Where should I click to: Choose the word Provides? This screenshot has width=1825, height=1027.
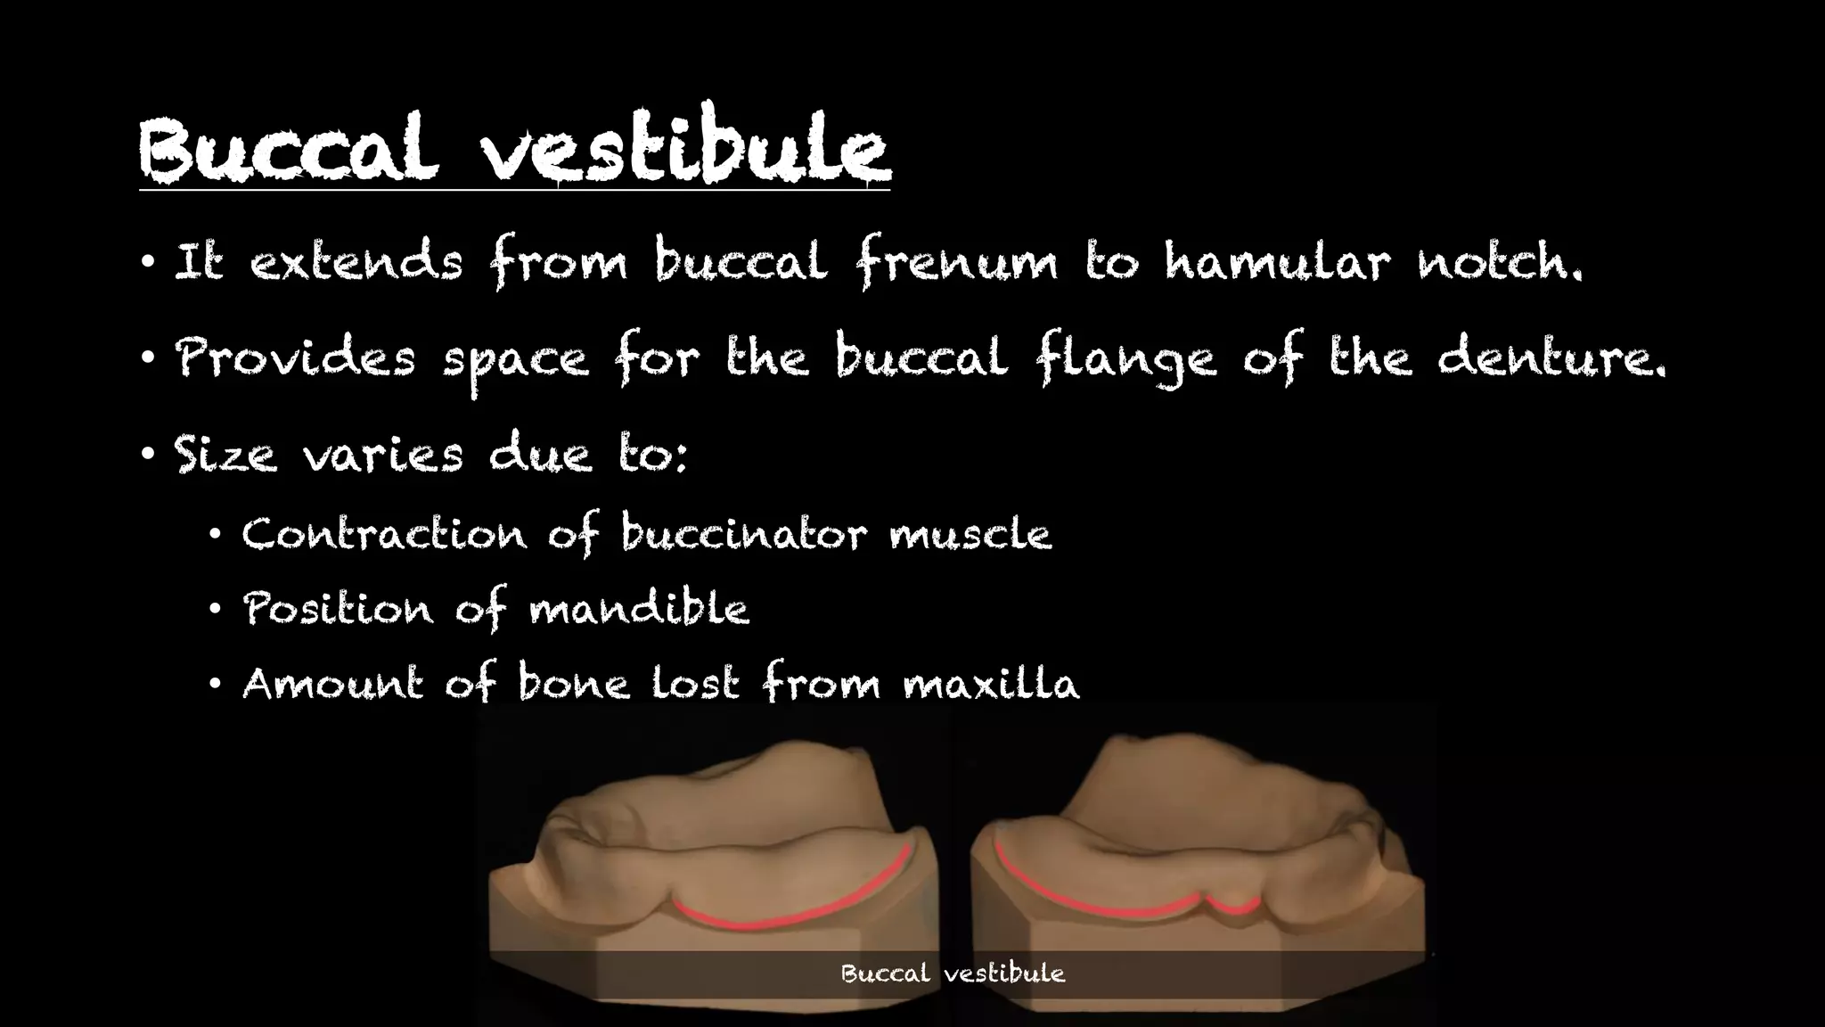click(x=295, y=358)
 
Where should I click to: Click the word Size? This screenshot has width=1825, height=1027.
click(x=225, y=455)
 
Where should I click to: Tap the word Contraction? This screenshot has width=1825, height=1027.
click(x=384, y=535)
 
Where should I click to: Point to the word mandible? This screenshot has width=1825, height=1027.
click(x=638, y=610)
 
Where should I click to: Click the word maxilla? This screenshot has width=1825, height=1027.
click(x=990, y=685)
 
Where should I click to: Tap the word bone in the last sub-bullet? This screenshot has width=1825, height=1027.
click(x=573, y=684)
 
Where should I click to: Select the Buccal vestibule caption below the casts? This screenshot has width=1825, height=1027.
click(x=953, y=974)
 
